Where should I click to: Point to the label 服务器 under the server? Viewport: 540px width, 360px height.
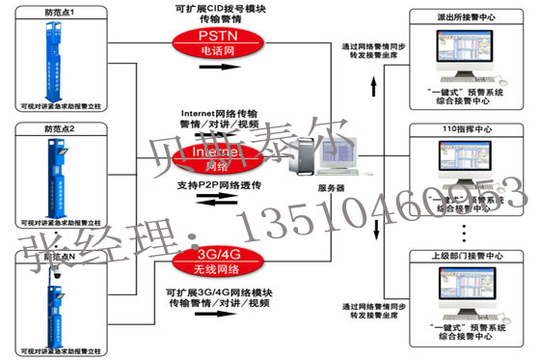coord(331,188)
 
